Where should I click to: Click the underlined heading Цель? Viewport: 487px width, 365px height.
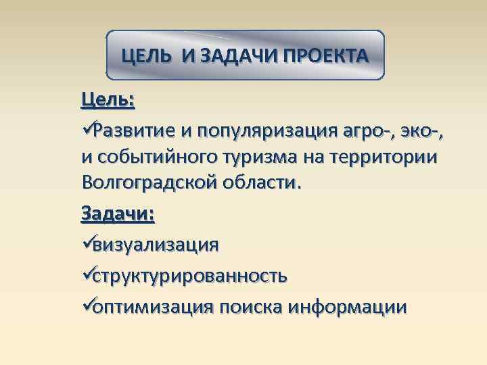pyautogui.click(x=108, y=100)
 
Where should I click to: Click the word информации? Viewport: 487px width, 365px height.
pyautogui.click(x=348, y=307)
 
